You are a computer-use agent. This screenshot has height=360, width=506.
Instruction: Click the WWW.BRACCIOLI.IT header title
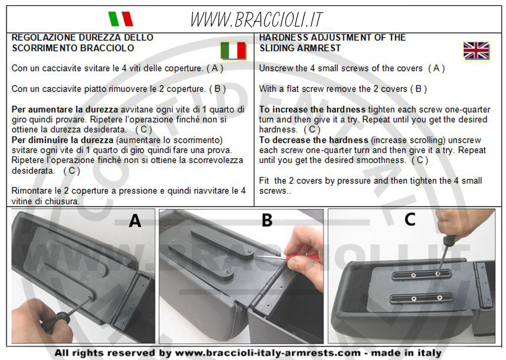coord(257,19)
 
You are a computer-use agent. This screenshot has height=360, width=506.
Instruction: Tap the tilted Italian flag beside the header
coord(120,19)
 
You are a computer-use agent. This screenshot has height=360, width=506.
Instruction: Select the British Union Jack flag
coord(476,51)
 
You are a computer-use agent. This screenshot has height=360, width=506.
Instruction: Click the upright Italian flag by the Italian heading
coord(233,51)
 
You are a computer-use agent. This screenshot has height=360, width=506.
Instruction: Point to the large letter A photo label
coord(135,221)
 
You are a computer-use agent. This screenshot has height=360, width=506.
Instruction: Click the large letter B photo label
coord(267,220)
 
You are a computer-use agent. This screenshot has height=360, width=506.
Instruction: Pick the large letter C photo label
coord(410,220)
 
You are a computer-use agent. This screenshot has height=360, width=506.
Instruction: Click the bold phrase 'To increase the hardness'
coord(312,110)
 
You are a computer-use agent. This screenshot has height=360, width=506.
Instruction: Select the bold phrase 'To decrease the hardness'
coord(314,140)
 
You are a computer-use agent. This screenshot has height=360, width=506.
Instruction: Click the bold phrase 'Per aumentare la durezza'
coord(64,110)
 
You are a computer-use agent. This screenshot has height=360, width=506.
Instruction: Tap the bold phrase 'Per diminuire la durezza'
coord(62,140)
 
